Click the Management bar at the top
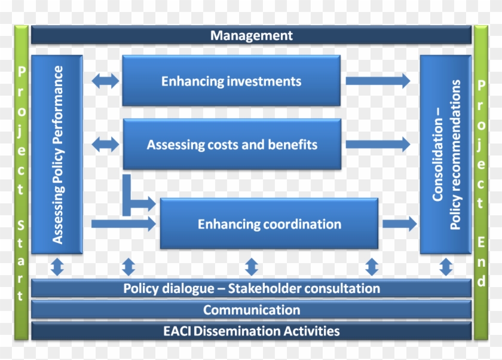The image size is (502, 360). [x=252, y=35]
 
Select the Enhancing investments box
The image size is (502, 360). [x=231, y=80]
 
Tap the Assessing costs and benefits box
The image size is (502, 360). [x=232, y=144]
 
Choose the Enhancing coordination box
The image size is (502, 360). [x=269, y=224]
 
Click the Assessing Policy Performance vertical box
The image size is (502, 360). [x=57, y=154]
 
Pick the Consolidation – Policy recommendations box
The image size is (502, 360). [x=446, y=154]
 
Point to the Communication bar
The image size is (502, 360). [x=252, y=310]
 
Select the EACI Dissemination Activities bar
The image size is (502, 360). [x=252, y=331]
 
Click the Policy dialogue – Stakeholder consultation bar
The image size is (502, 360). [x=252, y=288]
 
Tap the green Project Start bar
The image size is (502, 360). [x=21, y=182]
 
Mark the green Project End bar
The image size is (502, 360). [x=481, y=182]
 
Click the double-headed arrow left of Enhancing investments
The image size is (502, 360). [x=105, y=81]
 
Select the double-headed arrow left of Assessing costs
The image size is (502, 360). [x=105, y=145]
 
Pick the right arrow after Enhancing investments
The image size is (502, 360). [x=378, y=81]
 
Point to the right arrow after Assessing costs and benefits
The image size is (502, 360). [x=378, y=144]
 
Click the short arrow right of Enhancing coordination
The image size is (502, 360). [x=400, y=224]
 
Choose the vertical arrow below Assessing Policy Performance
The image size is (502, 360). [x=57, y=267]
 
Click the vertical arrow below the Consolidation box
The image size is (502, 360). [x=446, y=267]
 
